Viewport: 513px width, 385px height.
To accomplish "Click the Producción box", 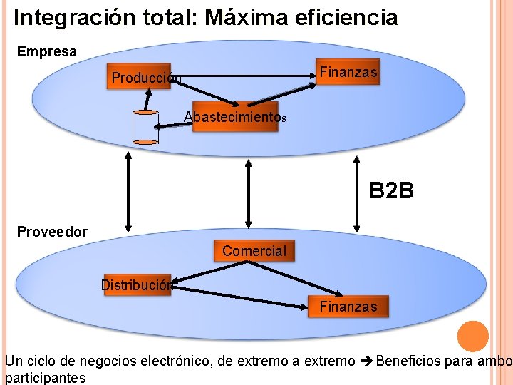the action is [145, 78].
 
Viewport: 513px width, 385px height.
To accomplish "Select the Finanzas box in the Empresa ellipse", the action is [348, 73].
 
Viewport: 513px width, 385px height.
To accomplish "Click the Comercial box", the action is [254, 251].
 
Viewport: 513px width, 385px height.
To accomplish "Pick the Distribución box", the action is [137, 285].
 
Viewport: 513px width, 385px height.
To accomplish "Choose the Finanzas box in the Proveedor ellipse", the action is [348, 307].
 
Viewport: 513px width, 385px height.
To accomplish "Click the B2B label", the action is [391, 191].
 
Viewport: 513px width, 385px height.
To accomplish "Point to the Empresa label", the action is [46, 52].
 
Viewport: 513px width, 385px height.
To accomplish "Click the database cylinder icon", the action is [145, 127].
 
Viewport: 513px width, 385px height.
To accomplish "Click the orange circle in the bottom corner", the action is [472, 337].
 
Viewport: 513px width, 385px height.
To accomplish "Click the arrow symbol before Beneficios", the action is [365, 361].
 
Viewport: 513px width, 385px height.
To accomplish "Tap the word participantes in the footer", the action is [46, 378].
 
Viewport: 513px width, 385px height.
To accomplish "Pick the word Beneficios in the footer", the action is [408, 361].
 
